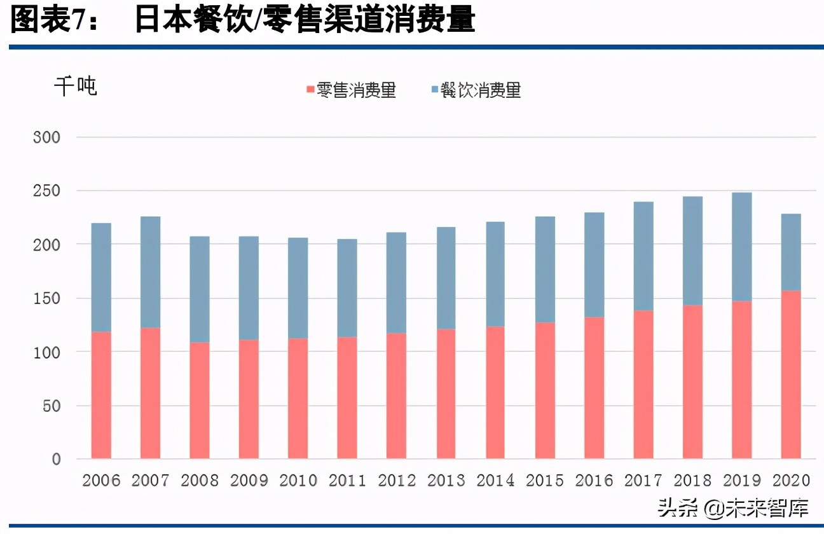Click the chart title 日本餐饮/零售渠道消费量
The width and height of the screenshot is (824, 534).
[x=304, y=20]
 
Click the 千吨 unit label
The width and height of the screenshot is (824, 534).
[x=75, y=86]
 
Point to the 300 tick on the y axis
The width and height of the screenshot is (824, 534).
[x=46, y=137]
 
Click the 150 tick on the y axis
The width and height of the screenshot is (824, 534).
[x=46, y=298]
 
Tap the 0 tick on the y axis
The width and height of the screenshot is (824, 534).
[x=56, y=459]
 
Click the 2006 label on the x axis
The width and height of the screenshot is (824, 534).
[x=101, y=481]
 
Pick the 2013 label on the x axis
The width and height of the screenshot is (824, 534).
[x=446, y=481]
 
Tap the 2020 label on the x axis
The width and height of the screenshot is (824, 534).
[x=791, y=481]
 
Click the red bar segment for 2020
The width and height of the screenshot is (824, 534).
[x=791, y=375]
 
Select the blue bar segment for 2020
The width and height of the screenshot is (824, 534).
[x=791, y=252]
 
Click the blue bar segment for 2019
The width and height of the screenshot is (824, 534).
[x=742, y=247]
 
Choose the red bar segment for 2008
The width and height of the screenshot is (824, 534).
[x=200, y=400]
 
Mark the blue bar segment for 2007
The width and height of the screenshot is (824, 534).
[x=151, y=272]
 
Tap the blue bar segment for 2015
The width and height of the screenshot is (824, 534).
[x=545, y=270]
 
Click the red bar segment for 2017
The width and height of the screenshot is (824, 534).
[x=643, y=385]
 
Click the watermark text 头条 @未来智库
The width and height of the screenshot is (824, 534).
[x=732, y=508]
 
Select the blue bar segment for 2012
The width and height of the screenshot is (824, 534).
[x=397, y=283]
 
